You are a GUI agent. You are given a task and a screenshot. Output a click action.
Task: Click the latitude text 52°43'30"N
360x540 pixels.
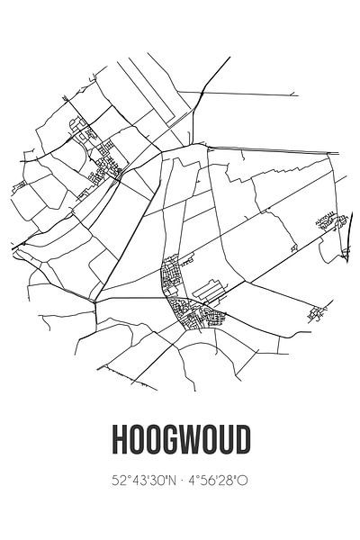pyautogui.click(x=141, y=481)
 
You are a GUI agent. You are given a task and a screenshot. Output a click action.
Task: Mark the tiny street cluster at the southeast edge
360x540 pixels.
pyautogui.click(x=315, y=315)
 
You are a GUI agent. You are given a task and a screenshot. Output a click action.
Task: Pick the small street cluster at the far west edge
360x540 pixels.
pyautogui.click(x=19, y=186)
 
